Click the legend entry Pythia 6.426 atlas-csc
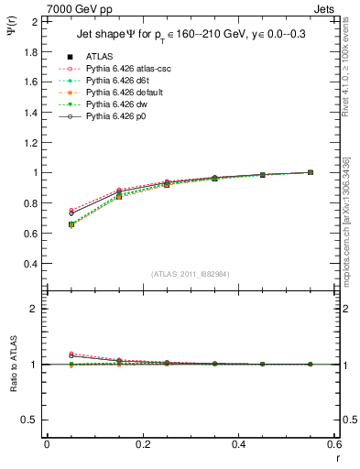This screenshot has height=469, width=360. click(x=115, y=68)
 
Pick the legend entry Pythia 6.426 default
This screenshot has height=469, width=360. click(x=114, y=93)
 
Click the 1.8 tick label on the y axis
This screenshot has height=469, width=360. click(x=31, y=51)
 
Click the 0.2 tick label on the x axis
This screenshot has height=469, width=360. click(x=143, y=443)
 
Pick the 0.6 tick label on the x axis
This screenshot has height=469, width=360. click(x=335, y=443)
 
